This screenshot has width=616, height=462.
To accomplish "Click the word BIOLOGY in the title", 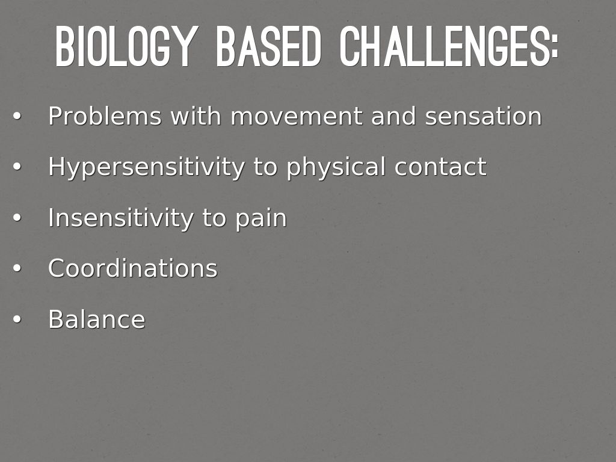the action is [x=125, y=46].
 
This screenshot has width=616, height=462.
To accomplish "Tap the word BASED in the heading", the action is [x=269, y=46].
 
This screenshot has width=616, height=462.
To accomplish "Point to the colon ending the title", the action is [x=554, y=46].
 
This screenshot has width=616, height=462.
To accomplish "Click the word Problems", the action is [x=105, y=116].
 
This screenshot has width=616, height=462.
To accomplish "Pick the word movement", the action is [x=297, y=116].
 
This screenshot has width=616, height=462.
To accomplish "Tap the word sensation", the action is [x=484, y=116].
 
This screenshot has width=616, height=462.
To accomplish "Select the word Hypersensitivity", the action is [x=147, y=167].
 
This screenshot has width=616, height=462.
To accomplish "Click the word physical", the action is [x=336, y=167].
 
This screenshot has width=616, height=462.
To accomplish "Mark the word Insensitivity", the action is [x=121, y=217].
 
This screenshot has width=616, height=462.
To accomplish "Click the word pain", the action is [x=261, y=218].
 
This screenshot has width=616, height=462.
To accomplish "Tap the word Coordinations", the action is [x=133, y=268].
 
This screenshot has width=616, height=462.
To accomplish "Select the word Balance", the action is [x=97, y=319].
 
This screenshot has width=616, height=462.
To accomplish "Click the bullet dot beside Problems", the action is [x=16, y=116].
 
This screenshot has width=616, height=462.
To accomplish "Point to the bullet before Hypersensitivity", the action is [x=16, y=167].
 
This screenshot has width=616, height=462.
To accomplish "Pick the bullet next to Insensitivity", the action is [x=16, y=217].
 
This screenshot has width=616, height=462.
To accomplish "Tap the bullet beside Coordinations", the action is [x=16, y=268].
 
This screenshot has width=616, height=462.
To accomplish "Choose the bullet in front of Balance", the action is [x=16, y=319].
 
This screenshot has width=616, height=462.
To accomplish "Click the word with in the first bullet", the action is [x=196, y=116].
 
